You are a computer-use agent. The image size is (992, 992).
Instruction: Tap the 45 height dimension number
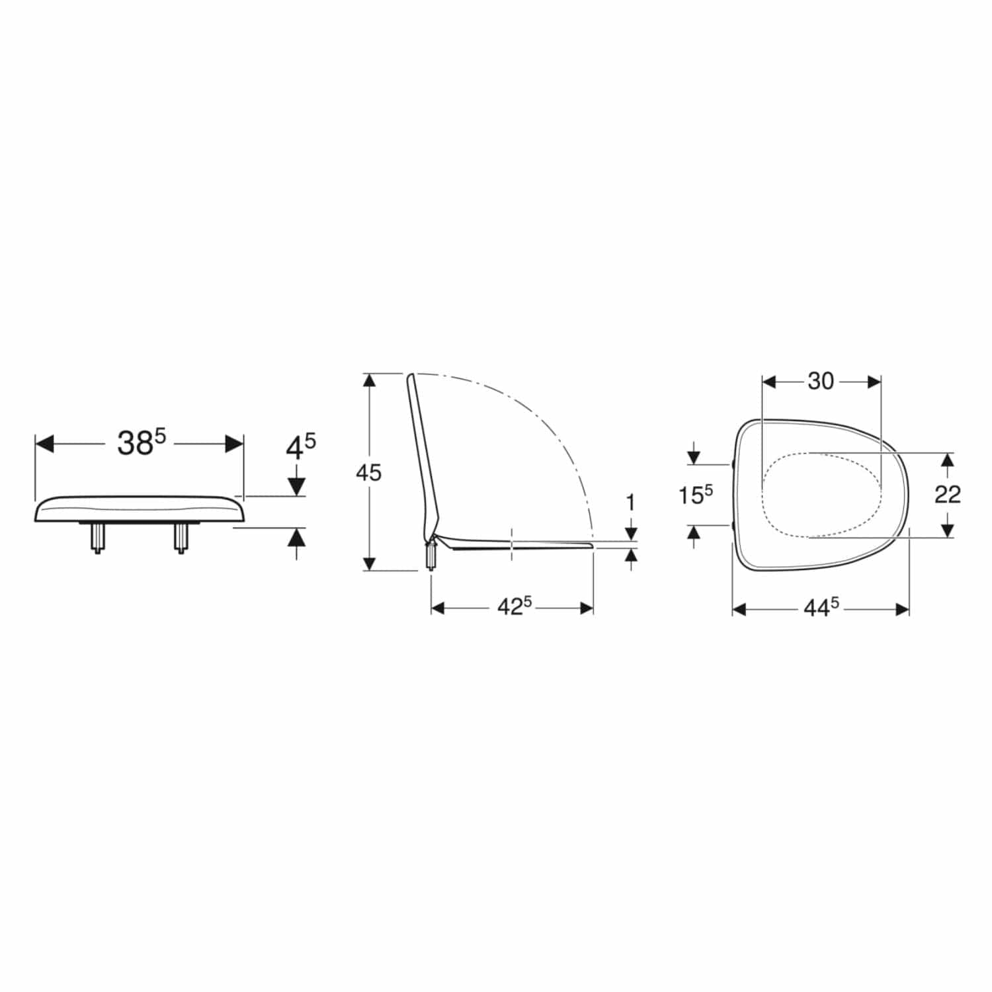[368, 472]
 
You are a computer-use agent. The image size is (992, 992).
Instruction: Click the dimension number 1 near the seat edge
[630, 503]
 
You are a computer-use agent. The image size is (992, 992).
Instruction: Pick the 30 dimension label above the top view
[821, 381]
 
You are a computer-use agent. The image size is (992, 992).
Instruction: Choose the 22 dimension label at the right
[947, 494]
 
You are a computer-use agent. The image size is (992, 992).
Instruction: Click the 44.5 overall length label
[821, 608]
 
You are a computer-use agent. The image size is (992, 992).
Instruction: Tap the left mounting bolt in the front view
[97, 538]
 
